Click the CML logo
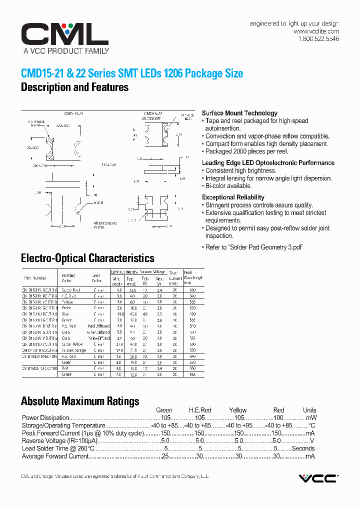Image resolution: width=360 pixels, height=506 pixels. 64,35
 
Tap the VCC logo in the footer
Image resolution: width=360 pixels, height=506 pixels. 317,478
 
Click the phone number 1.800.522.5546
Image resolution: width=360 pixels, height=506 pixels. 318,39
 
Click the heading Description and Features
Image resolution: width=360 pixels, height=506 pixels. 74,87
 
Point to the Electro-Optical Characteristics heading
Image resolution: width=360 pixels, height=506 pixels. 87,258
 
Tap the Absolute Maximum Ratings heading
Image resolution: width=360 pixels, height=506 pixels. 80,401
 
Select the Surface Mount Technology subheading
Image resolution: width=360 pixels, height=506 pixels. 239,113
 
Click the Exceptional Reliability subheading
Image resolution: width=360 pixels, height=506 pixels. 233,197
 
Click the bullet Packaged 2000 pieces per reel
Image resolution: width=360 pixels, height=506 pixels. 246,151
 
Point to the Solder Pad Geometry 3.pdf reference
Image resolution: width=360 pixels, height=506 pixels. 254,247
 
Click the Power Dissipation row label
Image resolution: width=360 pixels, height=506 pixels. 45,417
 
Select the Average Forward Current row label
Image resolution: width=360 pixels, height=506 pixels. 54,456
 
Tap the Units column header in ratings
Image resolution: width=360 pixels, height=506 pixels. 309,410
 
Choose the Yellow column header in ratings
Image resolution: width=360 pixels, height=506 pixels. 238,410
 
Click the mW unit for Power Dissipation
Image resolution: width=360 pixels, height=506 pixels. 311,417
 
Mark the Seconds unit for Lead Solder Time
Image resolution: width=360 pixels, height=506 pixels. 303,448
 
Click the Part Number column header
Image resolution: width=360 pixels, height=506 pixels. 35,278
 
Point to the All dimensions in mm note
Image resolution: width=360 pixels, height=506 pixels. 105,225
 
